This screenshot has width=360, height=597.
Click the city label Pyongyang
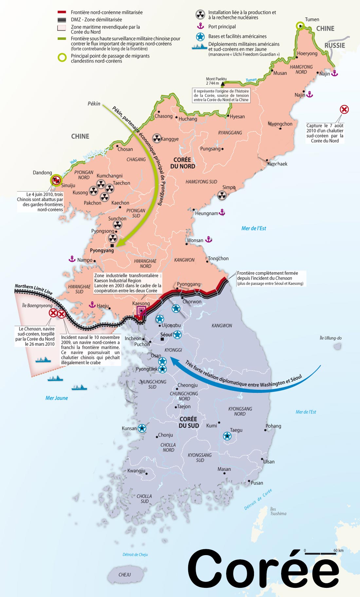click(x=102, y=250)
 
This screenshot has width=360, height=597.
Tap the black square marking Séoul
click(x=162, y=339)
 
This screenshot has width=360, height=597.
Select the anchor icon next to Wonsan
click(x=209, y=240)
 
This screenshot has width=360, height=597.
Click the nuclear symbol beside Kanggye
click(x=157, y=138)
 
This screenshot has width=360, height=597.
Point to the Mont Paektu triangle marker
click(x=223, y=84)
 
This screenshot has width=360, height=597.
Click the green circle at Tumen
click(x=300, y=26)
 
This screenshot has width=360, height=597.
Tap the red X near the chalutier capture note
click(x=344, y=109)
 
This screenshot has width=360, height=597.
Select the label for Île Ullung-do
click(x=331, y=338)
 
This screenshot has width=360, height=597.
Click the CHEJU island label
click(x=125, y=575)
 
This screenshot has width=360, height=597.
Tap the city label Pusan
click(x=257, y=483)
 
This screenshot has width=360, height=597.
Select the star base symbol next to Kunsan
click(x=142, y=428)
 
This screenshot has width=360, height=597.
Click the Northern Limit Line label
click(x=33, y=289)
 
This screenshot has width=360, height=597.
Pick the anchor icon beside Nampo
click(x=72, y=259)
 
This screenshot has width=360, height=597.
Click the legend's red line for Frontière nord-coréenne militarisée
click(x=62, y=12)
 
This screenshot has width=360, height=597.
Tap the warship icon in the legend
click(x=200, y=47)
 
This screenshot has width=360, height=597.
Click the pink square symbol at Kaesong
click(x=141, y=311)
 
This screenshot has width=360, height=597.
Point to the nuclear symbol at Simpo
click(x=222, y=195)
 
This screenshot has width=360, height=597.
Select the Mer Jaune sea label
click(x=57, y=398)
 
